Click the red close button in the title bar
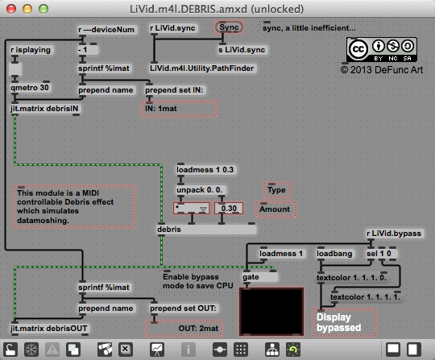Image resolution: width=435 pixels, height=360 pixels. [x=11, y=9]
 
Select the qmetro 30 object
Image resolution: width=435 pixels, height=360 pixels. [x=30, y=88]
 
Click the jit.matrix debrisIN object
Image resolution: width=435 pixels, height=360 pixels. [x=44, y=109]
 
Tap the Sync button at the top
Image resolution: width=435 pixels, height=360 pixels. [x=229, y=27]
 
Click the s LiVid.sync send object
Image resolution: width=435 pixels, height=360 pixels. [x=242, y=50]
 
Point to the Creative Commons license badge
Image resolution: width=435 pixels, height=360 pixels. [x=382, y=49]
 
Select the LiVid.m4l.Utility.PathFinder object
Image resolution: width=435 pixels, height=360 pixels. [x=202, y=68]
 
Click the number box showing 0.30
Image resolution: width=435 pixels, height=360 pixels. [x=229, y=209]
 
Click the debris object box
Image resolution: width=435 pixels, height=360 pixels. [x=206, y=230]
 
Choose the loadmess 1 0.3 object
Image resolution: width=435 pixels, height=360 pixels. [x=205, y=170]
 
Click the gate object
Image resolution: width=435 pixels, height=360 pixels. [x=259, y=277]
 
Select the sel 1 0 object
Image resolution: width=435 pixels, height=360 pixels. [x=382, y=254]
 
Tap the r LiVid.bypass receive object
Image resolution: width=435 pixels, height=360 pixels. [x=394, y=234]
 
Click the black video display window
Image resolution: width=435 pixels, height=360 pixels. [x=271, y=312]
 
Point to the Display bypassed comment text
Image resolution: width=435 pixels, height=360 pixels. [x=338, y=322]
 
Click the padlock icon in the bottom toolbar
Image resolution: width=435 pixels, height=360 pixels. [x=10, y=350]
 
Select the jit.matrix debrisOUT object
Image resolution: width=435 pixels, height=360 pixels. [x=49, y=329]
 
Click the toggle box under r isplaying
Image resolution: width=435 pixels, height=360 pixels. [x=15, y=68]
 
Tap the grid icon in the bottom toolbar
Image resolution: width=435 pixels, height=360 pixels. [x=241, y=350]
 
